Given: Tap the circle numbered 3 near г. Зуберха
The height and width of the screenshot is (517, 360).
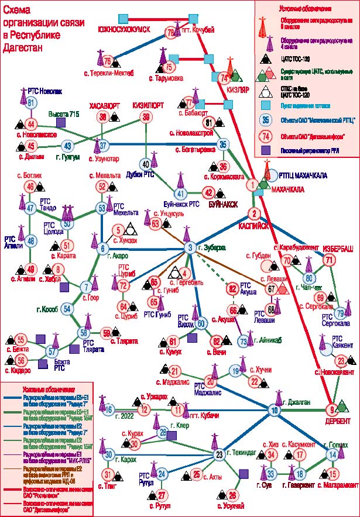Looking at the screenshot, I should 190,248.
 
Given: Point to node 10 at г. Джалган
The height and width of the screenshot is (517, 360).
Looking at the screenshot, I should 274,410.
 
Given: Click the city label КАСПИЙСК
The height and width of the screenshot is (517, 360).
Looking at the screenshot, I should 253,224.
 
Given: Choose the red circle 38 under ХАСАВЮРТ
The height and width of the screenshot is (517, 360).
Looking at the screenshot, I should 104,118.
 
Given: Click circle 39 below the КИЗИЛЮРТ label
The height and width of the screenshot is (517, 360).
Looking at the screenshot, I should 146,118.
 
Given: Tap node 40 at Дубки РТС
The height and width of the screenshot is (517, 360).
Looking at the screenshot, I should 146,163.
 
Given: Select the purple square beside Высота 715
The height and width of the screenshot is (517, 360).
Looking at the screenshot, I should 87,123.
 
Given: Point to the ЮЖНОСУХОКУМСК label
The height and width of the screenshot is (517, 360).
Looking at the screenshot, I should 124,29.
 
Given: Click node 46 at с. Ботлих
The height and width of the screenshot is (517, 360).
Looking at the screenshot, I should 30,187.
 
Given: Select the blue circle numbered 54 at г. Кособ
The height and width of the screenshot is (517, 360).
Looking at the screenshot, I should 67,309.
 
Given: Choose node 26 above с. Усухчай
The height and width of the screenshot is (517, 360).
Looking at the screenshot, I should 233,494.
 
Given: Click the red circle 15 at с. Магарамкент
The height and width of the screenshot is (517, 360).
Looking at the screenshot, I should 333,474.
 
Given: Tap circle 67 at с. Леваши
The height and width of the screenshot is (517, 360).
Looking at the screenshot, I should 271,288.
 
